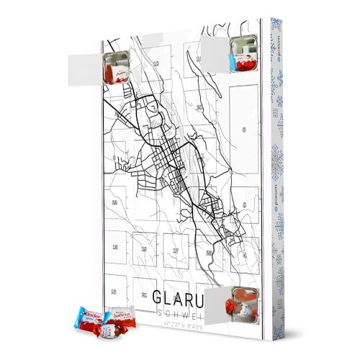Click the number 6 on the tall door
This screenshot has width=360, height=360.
pos(245,130)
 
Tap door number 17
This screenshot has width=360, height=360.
pos(175,251)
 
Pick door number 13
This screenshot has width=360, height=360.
pos(114,291)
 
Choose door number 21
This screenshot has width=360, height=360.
pos(145,294)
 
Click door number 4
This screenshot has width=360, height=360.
pos(244,253)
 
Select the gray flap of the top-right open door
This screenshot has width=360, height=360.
pos(215,52)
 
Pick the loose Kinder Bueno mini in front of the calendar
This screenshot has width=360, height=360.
pos(118,317)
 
